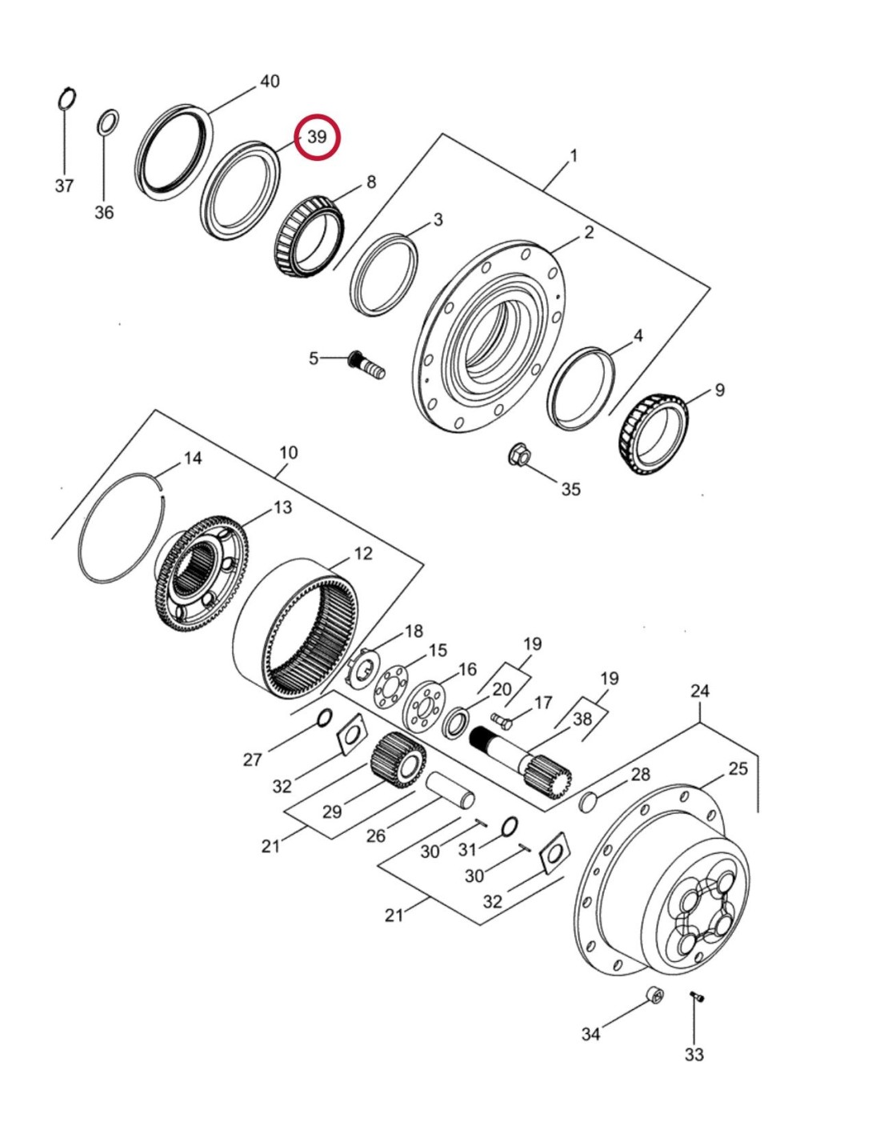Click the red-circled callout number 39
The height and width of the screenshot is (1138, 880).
[318, 137]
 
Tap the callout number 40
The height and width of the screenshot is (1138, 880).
[270, 81]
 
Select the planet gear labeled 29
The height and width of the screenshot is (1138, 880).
[398, 759]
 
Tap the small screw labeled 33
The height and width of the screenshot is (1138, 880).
[695, 997]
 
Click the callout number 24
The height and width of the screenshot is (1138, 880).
[700, 690]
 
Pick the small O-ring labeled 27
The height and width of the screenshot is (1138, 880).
[325, 717]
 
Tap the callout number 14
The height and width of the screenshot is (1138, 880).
[193, 458]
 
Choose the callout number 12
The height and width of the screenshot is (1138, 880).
[363, 553]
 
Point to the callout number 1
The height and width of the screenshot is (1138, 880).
[573, 155]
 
